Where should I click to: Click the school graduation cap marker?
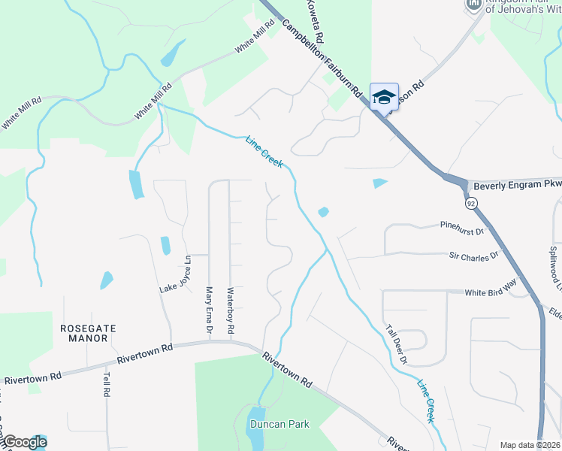pos(384,97)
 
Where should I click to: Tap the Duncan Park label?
pos(279,424)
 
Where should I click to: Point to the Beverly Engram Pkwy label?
pos(517,184)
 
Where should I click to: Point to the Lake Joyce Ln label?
pos(176,274)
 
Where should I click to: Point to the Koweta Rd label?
pos(316,21)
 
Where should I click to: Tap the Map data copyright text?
pos(530,445)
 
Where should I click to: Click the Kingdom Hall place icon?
pos(474,5)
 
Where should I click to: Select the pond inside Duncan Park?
pos(255,430)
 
